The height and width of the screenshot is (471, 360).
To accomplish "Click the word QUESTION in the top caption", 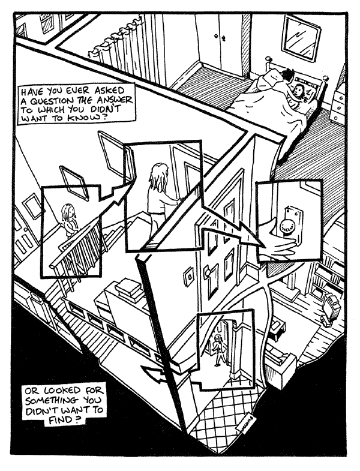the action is pyautogui.click(x=53, y=100).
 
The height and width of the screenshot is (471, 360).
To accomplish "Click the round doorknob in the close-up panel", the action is pyautogui.click(x=286, y=226).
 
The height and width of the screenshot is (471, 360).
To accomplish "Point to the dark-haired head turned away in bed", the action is pyautogui.click(x=287, y=76).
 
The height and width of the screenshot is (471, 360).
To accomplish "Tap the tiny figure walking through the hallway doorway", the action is pyautogui.click(x=219, y=349).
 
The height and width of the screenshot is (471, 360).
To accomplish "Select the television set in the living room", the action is pyautogui.click(x=331, y=307).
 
